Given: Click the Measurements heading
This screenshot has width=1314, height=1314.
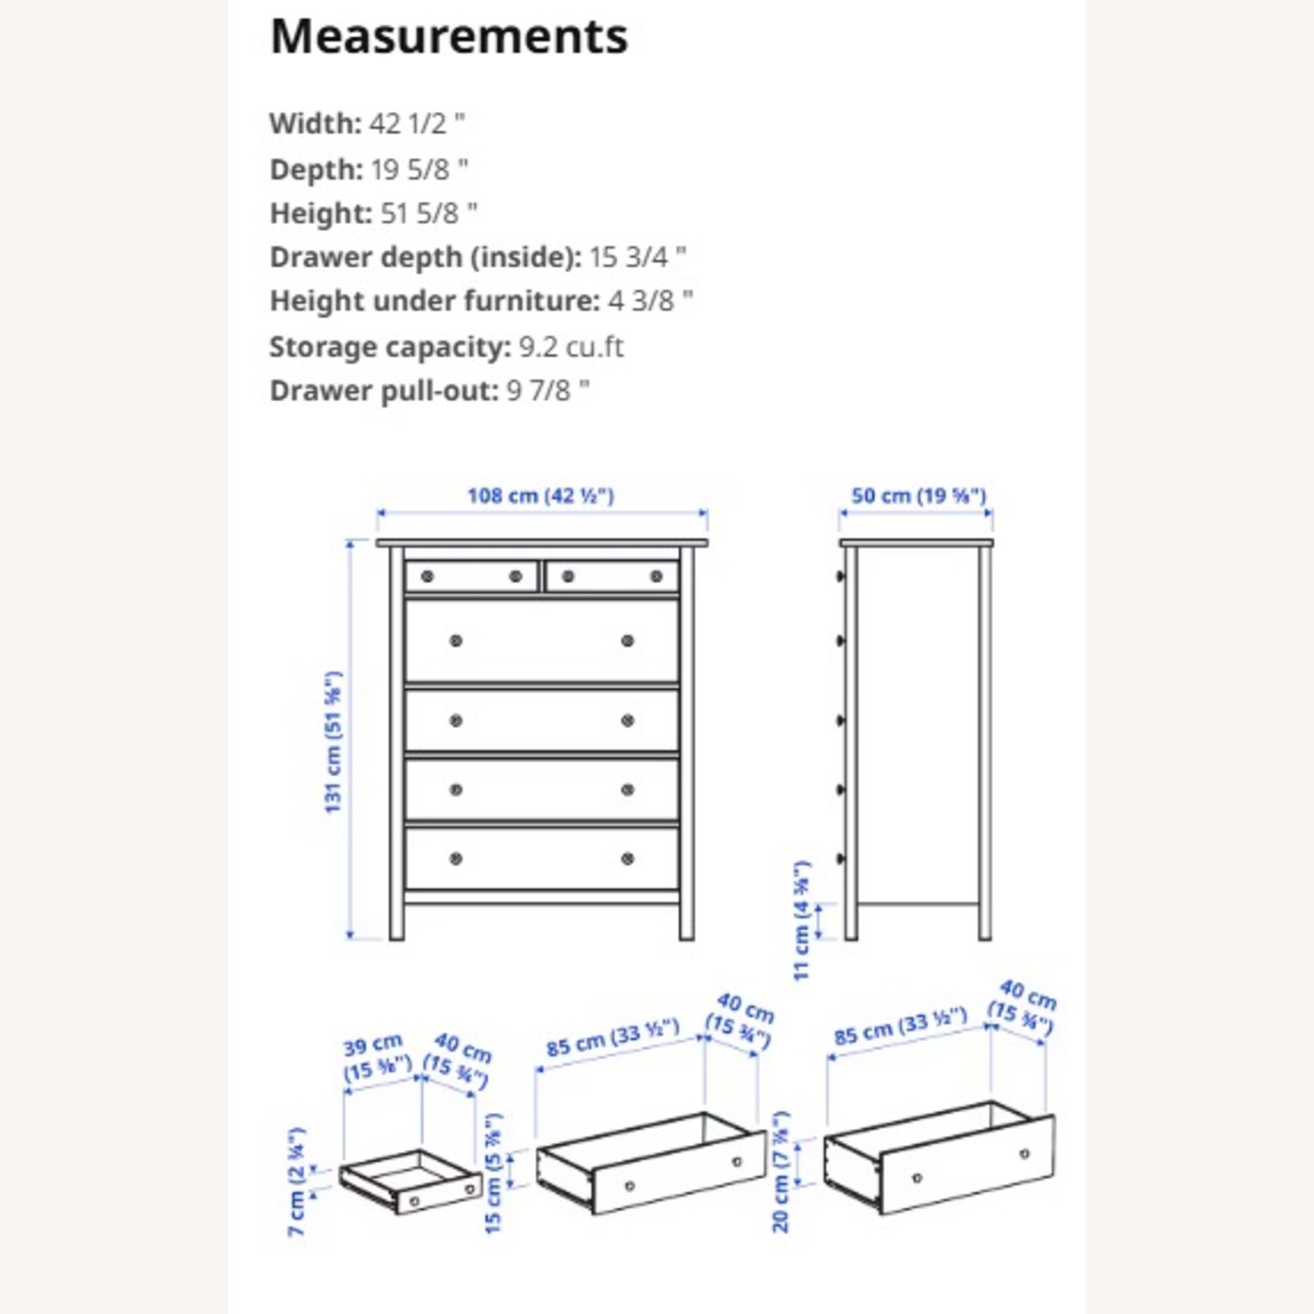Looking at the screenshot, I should coord(449,37).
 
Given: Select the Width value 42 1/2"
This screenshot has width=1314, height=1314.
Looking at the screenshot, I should coord(416,124).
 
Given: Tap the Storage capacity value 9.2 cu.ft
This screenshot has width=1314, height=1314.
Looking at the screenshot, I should coord(571,347).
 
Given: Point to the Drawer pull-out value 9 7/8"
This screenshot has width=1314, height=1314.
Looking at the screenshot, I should coord(547,391).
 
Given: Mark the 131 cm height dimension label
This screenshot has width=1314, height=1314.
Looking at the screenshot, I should coord(333,742).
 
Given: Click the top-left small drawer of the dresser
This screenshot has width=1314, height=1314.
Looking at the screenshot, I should coord(471,576).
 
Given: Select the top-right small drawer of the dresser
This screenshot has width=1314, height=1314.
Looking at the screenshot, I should coord(611,576).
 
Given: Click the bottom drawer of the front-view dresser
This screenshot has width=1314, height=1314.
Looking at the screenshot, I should coord(541,858).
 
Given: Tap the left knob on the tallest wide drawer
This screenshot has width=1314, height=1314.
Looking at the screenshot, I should coord(456,641).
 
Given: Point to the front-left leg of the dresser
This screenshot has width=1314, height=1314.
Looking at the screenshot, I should coord(397,920).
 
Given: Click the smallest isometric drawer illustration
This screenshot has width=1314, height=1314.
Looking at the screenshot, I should coord(410,1183).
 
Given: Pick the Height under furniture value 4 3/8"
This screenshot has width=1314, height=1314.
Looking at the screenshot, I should coord(650,301).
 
